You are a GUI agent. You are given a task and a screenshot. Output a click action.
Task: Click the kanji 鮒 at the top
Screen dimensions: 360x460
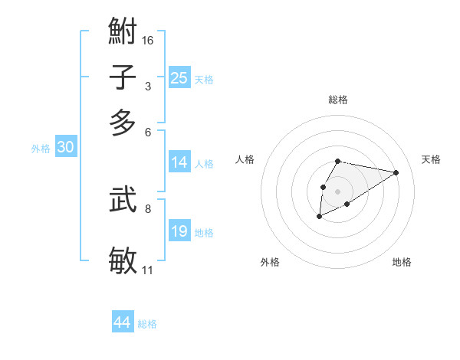123,34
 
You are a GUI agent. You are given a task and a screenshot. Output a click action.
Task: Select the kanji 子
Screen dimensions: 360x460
123,78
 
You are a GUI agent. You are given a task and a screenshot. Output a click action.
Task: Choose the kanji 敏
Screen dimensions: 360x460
123,260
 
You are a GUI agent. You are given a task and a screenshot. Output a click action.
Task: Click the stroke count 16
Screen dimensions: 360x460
148,40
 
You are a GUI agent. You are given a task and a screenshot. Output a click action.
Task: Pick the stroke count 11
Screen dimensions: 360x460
148,270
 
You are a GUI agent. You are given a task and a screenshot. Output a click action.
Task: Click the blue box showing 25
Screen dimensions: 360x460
179,78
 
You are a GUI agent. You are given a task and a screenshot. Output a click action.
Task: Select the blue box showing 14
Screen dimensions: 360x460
179,162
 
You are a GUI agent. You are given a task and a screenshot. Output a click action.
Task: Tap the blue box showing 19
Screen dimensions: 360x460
179,231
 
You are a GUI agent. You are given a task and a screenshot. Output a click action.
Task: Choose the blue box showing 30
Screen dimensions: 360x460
65,148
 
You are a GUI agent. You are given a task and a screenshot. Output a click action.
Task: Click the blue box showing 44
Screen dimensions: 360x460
122,322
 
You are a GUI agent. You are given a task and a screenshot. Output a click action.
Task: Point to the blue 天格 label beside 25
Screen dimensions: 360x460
204,80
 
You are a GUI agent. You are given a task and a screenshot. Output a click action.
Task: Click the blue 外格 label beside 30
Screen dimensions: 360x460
41,149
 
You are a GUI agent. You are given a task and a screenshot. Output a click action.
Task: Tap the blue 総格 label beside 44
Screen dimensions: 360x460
147,324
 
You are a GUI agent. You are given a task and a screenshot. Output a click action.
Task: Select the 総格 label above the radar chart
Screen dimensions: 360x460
337,100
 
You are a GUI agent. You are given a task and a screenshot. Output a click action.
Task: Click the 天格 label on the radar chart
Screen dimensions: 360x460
431,159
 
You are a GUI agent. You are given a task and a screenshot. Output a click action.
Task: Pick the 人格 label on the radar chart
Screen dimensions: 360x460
245,159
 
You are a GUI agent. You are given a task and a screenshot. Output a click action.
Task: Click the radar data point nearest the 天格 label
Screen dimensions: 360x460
396,172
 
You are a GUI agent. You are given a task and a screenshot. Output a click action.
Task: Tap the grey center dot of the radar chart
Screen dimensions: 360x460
337,190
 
